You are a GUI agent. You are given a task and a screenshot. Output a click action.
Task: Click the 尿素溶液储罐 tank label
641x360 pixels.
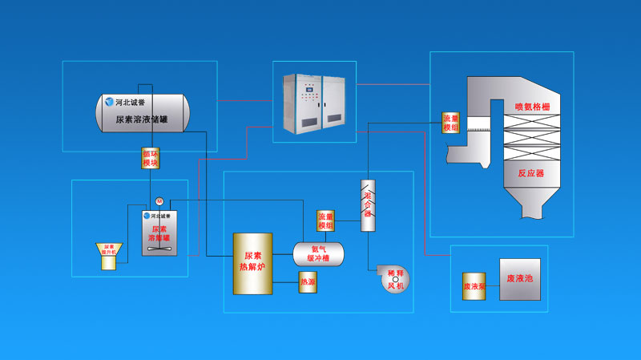pyautogui.click(x=142, y=119)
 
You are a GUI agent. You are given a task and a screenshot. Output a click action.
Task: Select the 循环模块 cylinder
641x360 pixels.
pyautogui.click(x=151, y=157)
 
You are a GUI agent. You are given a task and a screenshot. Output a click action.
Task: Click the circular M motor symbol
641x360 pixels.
pyautogui.click(x=159, y=200)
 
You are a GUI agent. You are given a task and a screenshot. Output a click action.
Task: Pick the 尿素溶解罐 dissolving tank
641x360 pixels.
pyautogui.click(x=159, y=233)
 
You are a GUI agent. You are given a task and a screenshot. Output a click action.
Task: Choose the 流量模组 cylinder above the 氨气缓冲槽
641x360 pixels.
pyautogui.click(x=325, y=220)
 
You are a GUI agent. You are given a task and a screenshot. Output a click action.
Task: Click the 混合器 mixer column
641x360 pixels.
pyautogui.click(x=368, y=206)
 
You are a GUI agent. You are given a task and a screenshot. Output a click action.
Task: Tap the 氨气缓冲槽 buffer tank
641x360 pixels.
pyautogui.click(x=319, y=253)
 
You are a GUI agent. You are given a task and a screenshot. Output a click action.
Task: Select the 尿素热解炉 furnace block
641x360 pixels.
pyautogui.click(x=252, y=263)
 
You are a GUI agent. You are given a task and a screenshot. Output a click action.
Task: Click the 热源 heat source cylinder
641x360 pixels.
pyautogui.click(x=308, y=282)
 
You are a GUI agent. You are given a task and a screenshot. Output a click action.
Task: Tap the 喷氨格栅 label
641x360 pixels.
pyautogui.click(x=532, y=106)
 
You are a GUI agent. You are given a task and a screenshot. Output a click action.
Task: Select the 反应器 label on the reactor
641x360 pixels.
pyautogui.click(x=530, y=172)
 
